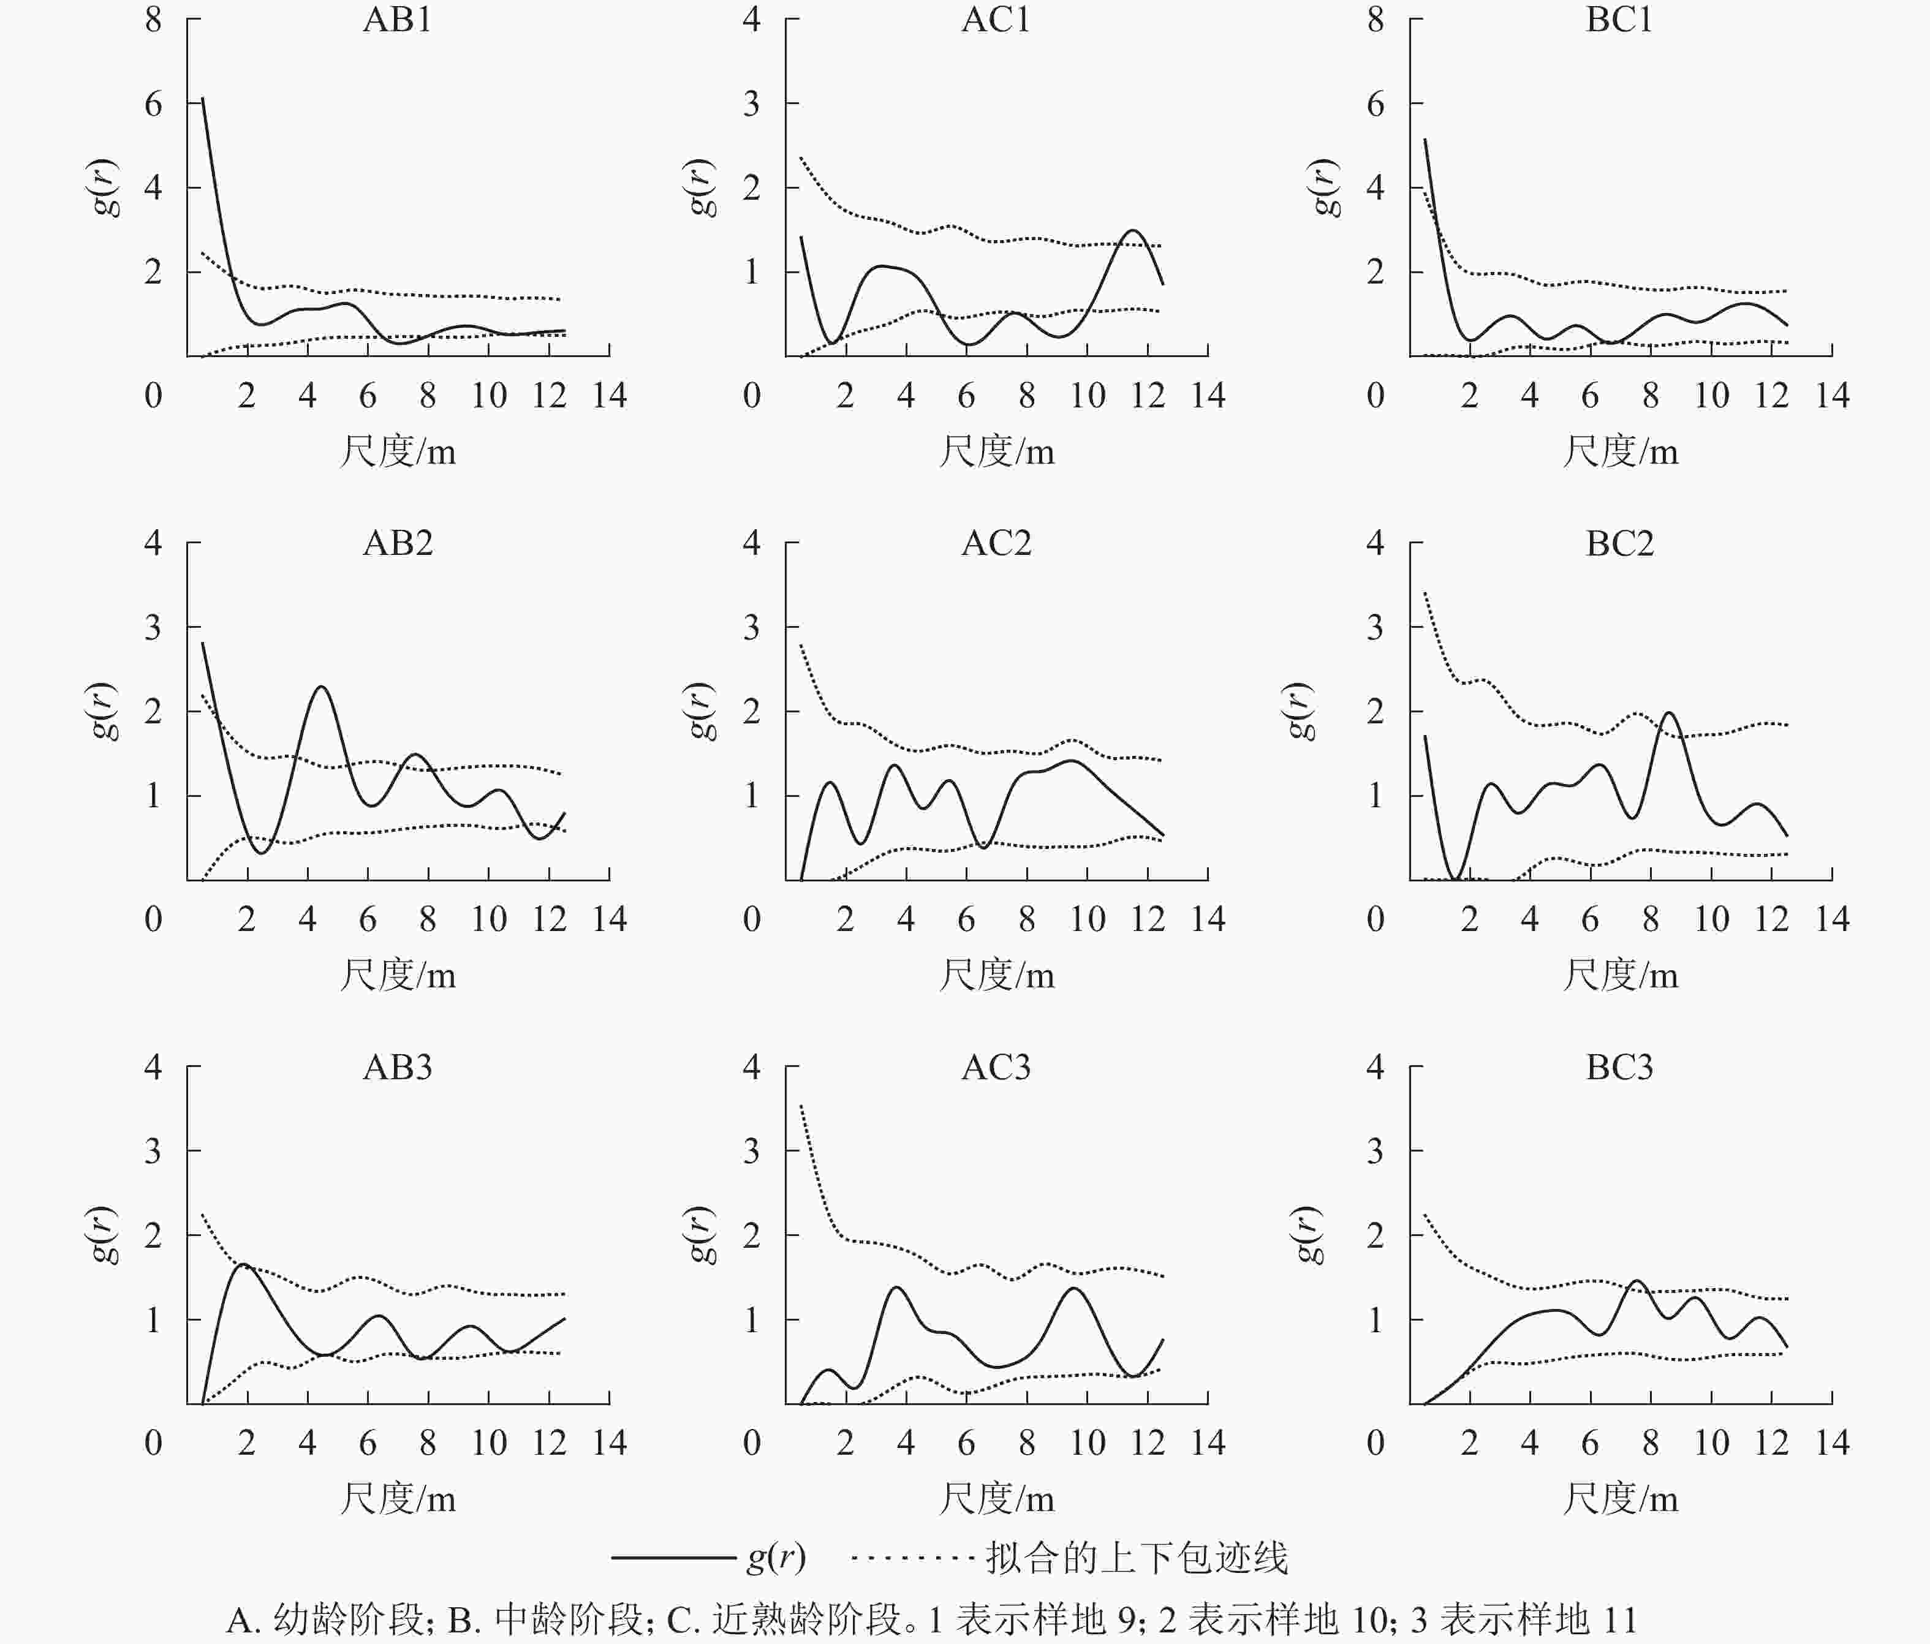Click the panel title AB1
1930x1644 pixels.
[398, 20]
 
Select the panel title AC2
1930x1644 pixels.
[996, 543]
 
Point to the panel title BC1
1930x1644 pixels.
[1620, 20]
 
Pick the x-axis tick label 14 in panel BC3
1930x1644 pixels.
[1832, 1443]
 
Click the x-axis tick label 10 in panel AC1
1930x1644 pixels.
[1087, 396]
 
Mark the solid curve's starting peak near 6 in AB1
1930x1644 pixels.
[202, 98]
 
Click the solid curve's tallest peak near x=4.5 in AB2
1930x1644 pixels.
[321, 687]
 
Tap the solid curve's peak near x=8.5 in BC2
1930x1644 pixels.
[1667, 714]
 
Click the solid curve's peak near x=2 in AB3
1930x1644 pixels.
[244, 1264]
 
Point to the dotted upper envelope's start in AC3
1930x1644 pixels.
[801, 1106]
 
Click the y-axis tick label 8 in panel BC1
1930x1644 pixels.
[1376, 20]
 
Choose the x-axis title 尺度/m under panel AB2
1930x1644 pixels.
[398, 975]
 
